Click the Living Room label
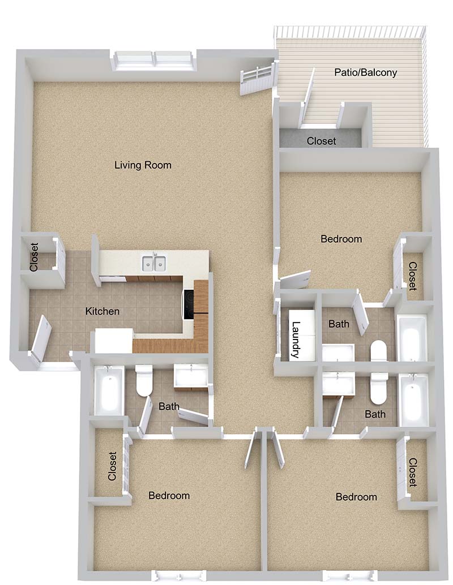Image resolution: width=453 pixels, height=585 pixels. tap(143, 165)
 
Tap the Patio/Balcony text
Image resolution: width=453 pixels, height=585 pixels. tap(365, 72)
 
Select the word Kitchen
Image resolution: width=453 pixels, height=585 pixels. tap(102, 311)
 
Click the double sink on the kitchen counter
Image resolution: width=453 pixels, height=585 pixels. tap(154, 264)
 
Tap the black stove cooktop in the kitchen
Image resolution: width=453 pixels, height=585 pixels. tap(189, 304)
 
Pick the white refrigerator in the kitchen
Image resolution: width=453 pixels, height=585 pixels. tap(114, 340)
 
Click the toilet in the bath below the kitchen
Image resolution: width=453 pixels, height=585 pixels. tap(144, 380)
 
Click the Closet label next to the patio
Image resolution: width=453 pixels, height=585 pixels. tap(321, 141)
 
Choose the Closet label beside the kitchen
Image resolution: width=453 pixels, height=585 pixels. tap(34, 257)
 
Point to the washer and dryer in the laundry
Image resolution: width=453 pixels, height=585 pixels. tap(302, 335)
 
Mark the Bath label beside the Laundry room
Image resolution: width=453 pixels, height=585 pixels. tap(339, 324)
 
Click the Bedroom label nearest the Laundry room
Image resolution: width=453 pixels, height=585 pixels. tap(341, 239)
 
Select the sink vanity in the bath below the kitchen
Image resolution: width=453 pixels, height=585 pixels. tap(190, 377)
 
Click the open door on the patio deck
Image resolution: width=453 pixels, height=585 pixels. tap(307, 97)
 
